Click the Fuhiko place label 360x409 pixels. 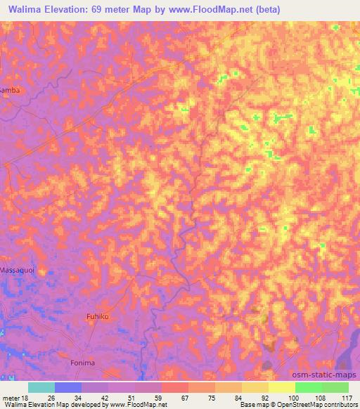click(98, 317)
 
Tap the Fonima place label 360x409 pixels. click(82, 363)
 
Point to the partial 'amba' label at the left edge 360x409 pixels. click(9, 91)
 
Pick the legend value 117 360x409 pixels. click(347, 397)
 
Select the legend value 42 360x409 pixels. click(105, 397)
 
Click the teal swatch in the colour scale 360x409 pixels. click(41, 387)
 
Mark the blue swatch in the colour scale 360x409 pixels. click(68, 387)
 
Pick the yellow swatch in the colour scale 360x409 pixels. click(282, 387)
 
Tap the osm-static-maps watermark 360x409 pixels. click(327, 375)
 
